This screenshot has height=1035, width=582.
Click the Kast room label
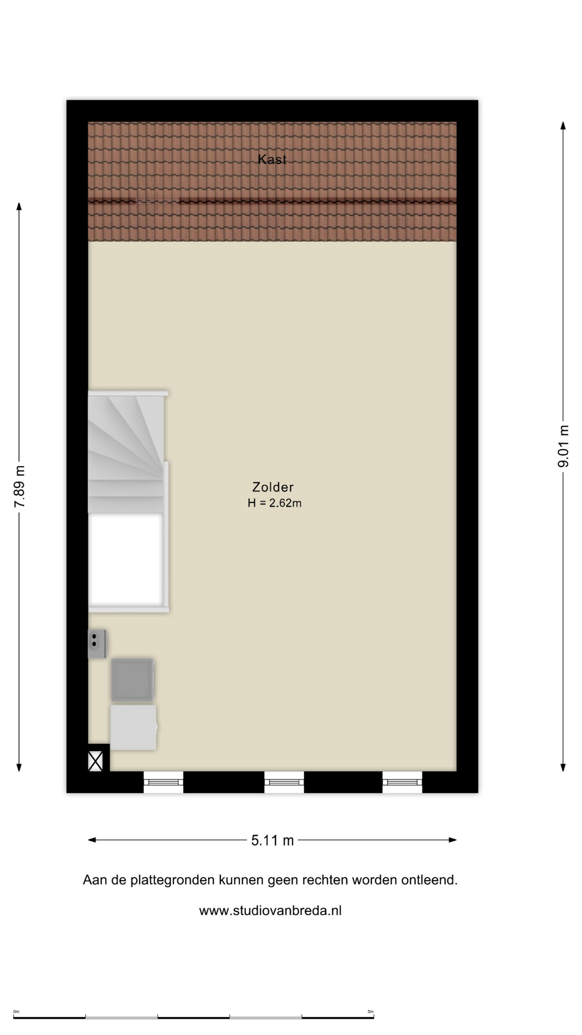coord(272,159)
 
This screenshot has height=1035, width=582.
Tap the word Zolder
coord(273,487)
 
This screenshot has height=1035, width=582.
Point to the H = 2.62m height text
coord(274,503)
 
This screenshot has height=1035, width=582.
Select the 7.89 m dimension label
coord(20,486)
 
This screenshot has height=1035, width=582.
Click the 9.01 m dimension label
coord(563,446)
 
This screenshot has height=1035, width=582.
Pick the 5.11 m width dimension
coord(273,840)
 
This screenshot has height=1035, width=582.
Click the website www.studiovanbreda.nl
coord(271,910)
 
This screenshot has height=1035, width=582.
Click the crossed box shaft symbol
coord(95,761)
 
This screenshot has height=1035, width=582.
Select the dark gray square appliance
coord(133,680)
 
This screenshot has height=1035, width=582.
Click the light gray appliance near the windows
coord(134,727)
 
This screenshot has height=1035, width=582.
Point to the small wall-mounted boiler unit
coord(97,643)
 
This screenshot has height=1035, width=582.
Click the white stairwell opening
coord(126,559)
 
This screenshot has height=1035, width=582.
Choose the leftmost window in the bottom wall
coord(163,782)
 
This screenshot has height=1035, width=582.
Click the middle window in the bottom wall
coord(284,782)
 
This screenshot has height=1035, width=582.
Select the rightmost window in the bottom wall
coord(403,782)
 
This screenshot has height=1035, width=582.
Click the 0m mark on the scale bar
coord(16,1011)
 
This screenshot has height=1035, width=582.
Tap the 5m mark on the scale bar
coord(370,1011)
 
